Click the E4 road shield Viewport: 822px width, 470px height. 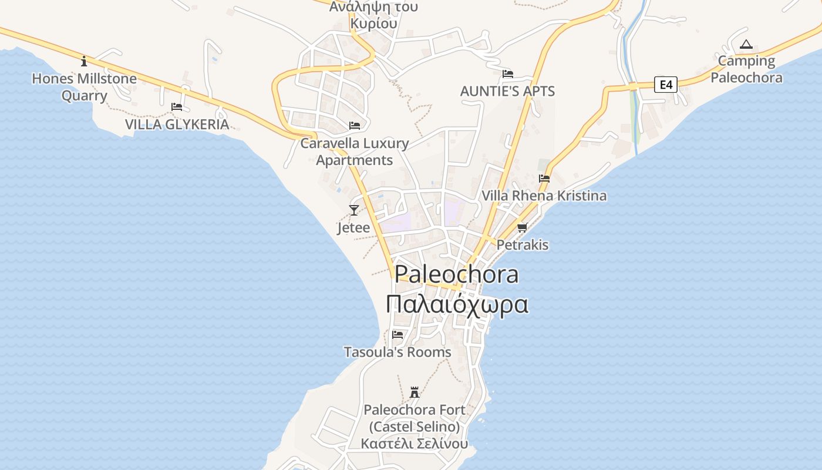(665, 85)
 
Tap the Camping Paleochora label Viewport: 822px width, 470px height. (746, 69)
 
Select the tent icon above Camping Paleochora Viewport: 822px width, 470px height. (746, 44)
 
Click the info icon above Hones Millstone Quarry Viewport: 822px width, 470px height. (84, 61)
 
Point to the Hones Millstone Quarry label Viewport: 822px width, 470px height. (84, 87)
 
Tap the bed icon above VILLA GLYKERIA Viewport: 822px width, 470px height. (177, 107)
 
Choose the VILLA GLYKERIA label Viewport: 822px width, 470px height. (177, 125)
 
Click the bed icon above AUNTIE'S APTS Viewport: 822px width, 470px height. (508, 74)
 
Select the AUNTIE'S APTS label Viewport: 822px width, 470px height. (507, 92)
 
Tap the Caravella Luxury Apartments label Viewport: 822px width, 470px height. (355, 152)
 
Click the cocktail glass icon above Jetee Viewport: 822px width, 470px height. (353, 210)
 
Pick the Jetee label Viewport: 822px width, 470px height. (353, 228)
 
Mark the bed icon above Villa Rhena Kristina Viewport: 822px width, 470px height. (544, 179)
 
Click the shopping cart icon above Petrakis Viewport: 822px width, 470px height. (522, 227)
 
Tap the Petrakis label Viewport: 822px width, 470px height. (523, 245)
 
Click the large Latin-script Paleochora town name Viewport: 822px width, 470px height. (457, 274)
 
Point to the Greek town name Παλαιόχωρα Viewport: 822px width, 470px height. (457, 304)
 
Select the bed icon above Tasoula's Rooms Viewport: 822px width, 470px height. (397, 335)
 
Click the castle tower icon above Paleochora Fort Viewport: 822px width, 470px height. (415, 392)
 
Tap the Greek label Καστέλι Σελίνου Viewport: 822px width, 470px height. (415, 444)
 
